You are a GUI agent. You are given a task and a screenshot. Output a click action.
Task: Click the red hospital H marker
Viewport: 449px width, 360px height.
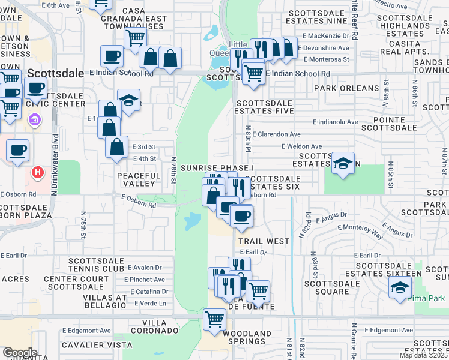point(38,173)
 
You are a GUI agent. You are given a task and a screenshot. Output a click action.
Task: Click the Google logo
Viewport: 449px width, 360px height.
point(20,352)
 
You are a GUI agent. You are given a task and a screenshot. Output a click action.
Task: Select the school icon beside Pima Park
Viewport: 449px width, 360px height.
point(400,287)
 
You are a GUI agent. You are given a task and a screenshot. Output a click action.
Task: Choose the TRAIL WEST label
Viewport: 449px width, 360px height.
point(264,241)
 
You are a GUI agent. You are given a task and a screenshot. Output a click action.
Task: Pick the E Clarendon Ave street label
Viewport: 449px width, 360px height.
point(276,134)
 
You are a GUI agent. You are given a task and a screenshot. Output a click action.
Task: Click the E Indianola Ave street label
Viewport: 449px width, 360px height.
point(335,122)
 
